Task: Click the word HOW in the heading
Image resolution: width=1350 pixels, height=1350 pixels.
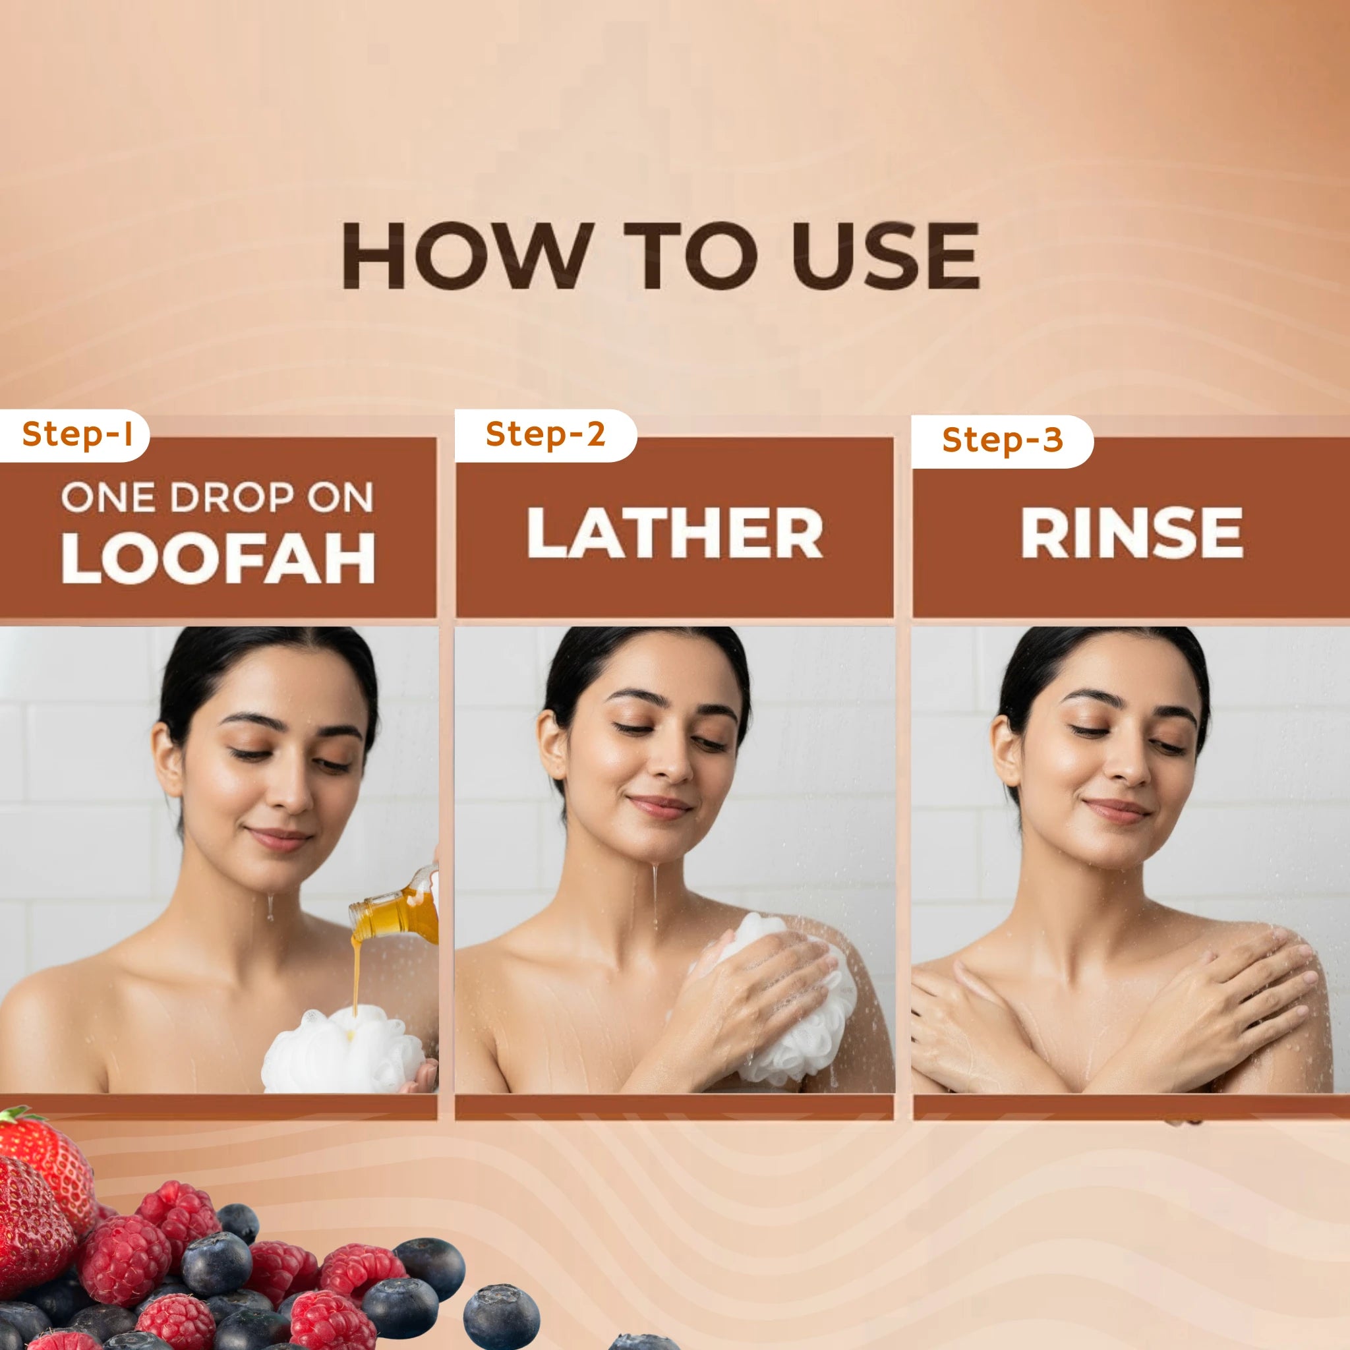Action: [464, 256]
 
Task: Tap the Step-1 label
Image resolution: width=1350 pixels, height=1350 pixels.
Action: [77, 434]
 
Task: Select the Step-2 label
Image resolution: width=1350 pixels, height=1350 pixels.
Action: [545, 434]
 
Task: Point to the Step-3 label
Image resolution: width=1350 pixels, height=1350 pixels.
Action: [1002, 440]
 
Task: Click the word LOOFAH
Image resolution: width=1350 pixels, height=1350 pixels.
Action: [218, 558]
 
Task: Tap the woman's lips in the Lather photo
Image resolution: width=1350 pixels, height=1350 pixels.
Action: [660, 805]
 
